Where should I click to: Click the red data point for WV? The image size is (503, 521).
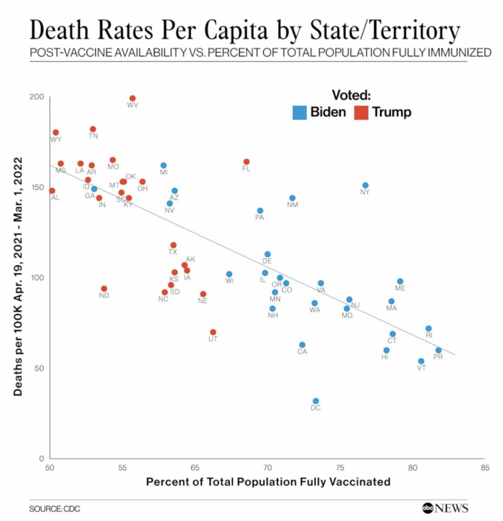[132, 98]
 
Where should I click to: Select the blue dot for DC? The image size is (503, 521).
[316, 401]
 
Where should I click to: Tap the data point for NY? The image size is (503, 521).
[365, 185]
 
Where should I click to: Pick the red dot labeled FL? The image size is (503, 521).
[246, 162]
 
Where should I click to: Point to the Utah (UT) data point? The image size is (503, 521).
[213, 332]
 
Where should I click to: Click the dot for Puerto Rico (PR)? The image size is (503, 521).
[438, 350]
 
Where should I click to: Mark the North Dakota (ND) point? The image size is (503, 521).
[104, 288]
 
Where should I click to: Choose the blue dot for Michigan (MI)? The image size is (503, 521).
[163, 165]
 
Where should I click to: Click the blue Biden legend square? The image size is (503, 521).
[299, 112]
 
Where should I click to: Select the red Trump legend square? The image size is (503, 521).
[361, 112]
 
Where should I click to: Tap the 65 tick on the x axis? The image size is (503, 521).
[195, 467]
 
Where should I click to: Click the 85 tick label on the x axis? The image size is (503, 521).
[485, 467]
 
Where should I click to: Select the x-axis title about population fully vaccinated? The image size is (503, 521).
[268, 481]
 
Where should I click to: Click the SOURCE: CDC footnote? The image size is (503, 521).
[51, 508]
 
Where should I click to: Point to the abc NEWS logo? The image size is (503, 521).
[445, 507]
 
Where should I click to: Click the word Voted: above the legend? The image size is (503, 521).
[351, 95]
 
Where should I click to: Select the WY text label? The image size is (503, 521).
[56, 139]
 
